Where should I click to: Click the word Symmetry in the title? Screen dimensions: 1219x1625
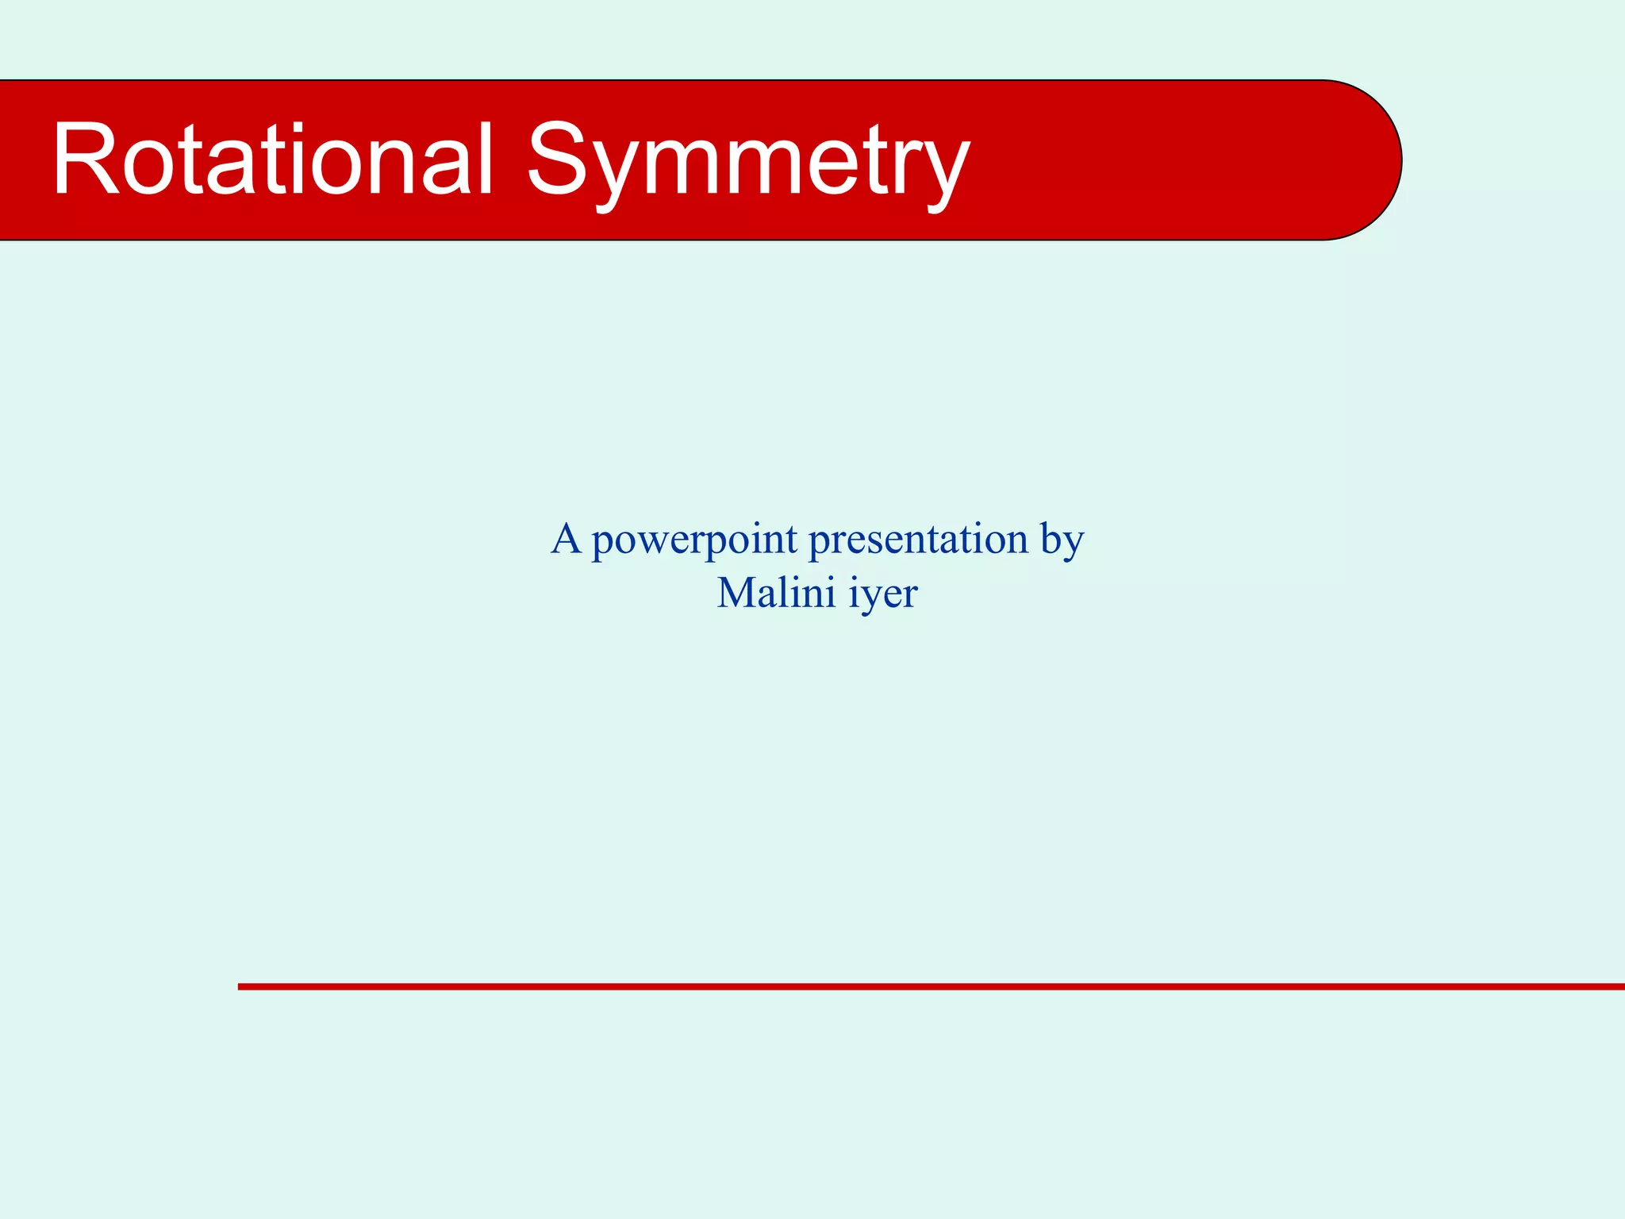(747, 163)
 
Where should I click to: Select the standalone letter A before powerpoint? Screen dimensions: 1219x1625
(567, 539)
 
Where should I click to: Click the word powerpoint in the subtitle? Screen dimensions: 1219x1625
(695, 542)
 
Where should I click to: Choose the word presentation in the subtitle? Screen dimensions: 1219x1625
(918, 542)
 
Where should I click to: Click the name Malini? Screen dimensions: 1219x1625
(776, 593)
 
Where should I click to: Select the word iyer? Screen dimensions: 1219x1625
(883, 595)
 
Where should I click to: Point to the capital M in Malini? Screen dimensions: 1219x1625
(736, 593)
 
